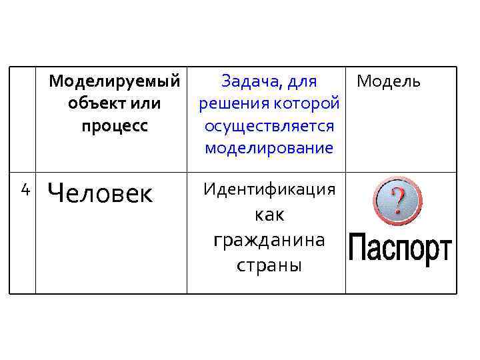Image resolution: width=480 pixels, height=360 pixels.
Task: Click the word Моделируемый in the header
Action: (x=115, y=82)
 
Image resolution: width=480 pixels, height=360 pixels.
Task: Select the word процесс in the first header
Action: (x=115, y=126)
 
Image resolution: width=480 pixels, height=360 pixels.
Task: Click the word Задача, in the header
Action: (x=247, y=82)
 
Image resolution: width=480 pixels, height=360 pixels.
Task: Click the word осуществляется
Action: (x=269, y=126)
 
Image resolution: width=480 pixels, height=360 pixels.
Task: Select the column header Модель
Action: (x=389, y=82)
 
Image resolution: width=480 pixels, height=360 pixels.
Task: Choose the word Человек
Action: (x=101, y=194)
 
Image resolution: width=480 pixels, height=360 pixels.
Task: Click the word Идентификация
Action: (x=269, y=189)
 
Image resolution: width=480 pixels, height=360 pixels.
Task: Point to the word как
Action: (x=269, y=215)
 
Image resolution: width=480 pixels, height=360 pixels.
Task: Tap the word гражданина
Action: (x=269, y=240)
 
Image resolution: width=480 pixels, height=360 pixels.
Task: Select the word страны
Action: (x=269, y=265)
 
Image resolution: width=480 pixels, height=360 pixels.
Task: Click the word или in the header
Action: (x=148, y=104)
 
